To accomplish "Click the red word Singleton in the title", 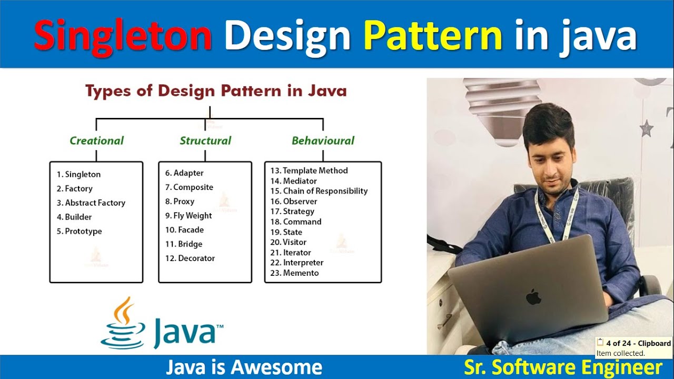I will tap(123, 36).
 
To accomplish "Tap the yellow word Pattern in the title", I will tap(433, 36).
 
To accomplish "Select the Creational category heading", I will tap(96, 141).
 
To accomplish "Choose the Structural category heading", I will tap(205, 141).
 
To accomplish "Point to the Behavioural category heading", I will tap(323, 141).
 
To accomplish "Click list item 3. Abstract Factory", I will tap(91, 203).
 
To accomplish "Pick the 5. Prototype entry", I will tap(80, 231).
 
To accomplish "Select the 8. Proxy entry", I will tap(180, 202).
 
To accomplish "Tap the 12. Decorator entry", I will tap(190, 258).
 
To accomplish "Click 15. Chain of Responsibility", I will tap(319, 191).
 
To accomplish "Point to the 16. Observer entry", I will tap(294, 201).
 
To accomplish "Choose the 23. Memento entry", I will tap(294, 273).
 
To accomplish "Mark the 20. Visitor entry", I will tap(288, 242).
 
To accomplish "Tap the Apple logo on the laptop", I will tap(533, 297).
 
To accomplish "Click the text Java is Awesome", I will tap(244, 367).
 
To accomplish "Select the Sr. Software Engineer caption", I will tap(562, 367).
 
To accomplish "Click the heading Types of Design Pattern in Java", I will tap(216, 91).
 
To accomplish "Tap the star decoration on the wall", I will tap(646, 127).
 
